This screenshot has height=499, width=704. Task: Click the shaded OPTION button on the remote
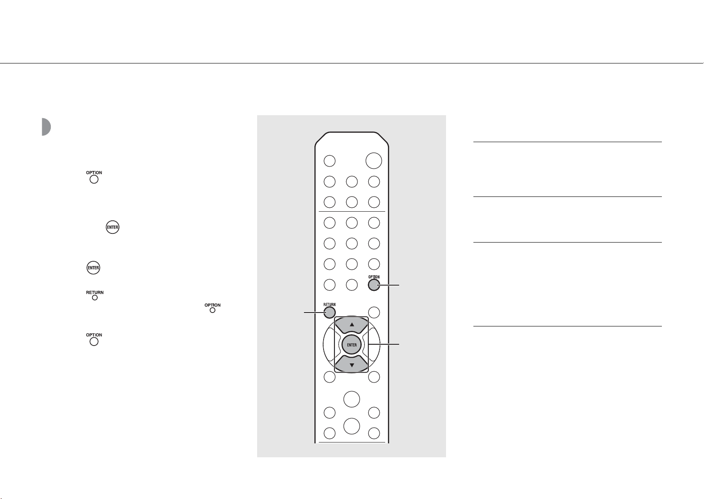click(374, 285)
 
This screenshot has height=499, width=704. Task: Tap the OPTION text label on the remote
click(374, 277)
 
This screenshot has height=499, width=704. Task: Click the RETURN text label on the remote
click(329, 305)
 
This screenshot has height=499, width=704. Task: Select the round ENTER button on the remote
click(352, 345)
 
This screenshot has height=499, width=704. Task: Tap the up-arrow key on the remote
click(352, 325)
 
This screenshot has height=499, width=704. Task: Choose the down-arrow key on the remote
click(352, 365)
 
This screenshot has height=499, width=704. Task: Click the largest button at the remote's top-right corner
click(373, 161)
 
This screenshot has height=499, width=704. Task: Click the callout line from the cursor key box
click(384, 345)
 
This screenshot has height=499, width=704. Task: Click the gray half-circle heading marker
click(46, 127)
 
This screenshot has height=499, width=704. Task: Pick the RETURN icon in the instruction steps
click(95, 295)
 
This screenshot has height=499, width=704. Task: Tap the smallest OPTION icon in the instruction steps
click(212, 308)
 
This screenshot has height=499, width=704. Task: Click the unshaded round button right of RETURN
click(374, 313)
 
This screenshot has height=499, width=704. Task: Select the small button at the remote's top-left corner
click(329, 161)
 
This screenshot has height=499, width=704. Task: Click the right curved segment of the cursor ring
click(376, 345)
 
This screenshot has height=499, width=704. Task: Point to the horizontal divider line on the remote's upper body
click(352, 211)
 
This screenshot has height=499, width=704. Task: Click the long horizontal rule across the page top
click(352, 63)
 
